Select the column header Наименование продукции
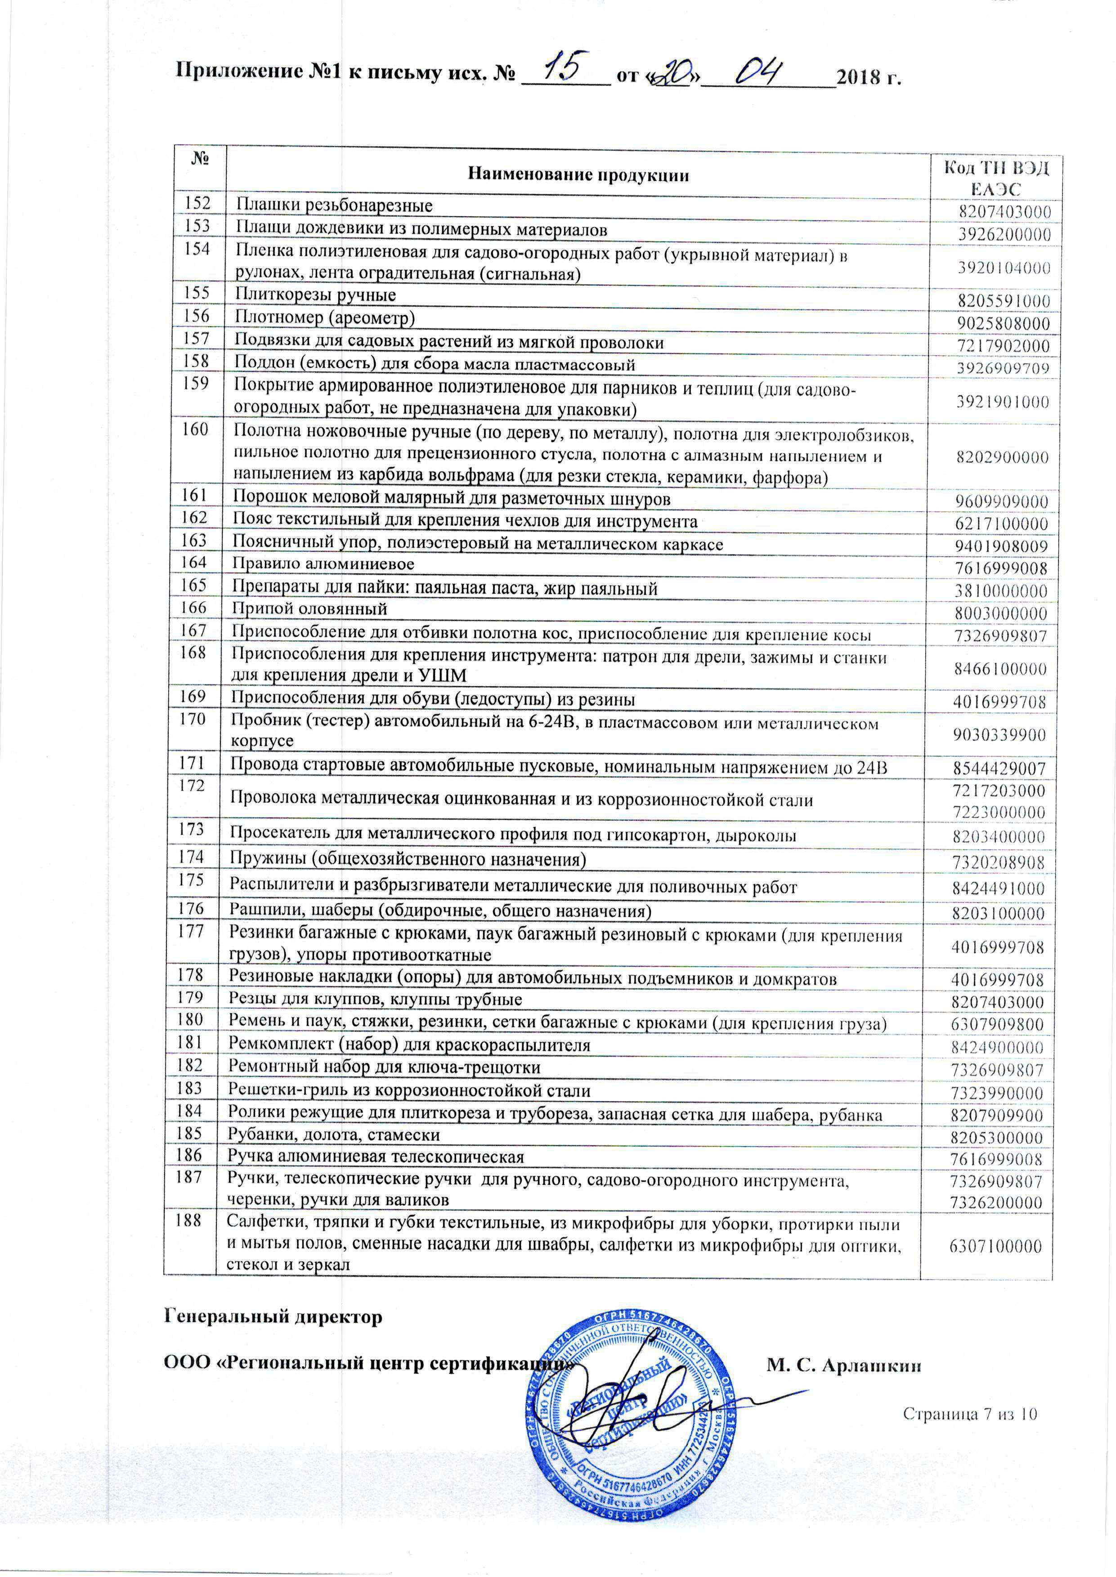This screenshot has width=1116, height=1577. pos(578,175)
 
